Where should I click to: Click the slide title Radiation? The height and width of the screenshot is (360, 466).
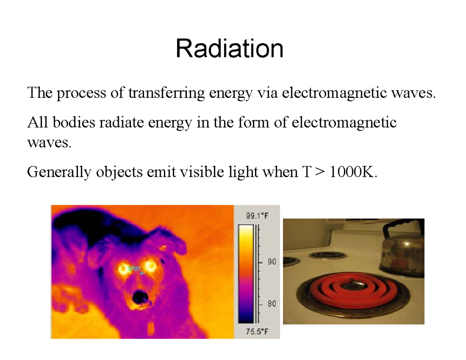(230, 49)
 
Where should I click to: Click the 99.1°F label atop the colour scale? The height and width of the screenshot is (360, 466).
(257, 217)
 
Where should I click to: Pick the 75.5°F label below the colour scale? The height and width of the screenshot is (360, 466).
(257, 332)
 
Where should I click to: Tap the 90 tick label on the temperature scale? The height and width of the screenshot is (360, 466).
(271, 263)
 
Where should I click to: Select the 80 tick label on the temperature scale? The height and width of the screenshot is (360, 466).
(271, 304)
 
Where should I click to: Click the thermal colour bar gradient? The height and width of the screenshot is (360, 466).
(246, 274)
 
